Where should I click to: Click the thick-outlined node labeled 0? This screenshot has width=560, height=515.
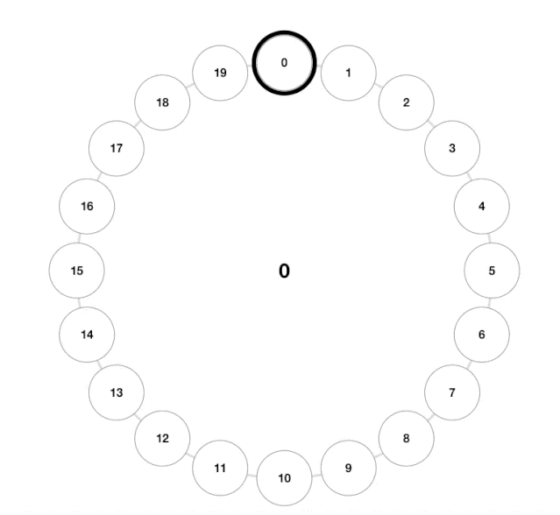(284, 63)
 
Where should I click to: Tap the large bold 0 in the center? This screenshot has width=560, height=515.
(284, 271)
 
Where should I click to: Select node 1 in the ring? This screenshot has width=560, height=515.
(349, 73)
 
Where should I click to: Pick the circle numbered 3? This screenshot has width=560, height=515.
(452, 148)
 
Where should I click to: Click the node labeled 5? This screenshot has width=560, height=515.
(492, 271)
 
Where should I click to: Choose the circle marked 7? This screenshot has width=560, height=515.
(452, 392)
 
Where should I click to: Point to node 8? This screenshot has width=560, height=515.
(407, 438)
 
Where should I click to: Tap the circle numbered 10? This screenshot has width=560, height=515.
(284, 478)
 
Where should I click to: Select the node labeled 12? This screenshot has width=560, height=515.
(162, 438)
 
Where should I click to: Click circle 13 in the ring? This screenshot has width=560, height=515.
(117, 392)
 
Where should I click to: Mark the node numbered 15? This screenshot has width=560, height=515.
(77, 271)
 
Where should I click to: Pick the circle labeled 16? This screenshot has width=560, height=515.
(87, 207)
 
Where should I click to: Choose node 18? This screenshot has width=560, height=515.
(162, 102)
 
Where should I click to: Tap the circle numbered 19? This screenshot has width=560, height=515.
(220, 73)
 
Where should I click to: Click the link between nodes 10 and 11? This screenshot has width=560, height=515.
(252, 475)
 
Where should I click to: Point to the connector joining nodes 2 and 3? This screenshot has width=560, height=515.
(430, 123)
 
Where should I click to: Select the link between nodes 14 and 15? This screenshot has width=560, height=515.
(79, 303)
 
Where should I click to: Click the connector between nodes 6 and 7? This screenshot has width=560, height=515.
(469, 365)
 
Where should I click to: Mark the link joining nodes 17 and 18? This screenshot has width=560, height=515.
(138, 123)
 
